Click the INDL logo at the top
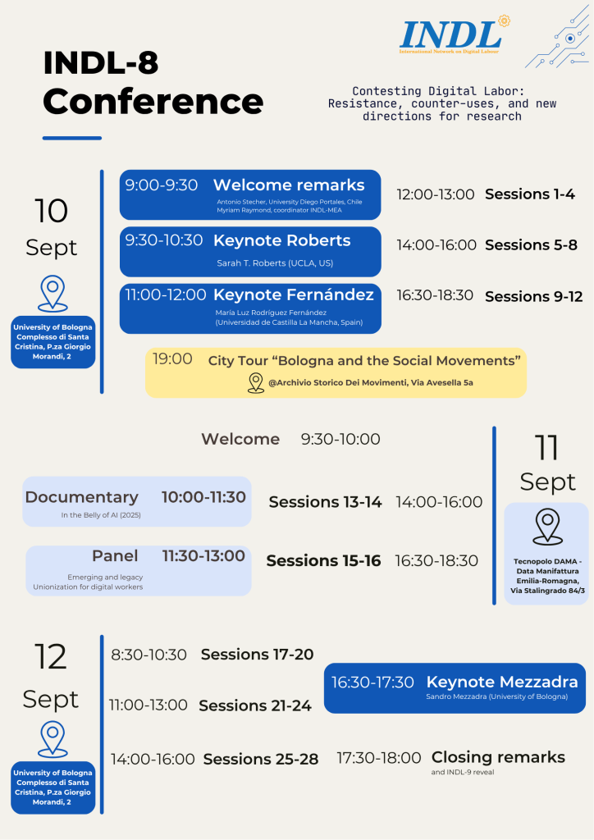click(450, 36)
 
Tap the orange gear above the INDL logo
click(504, 21)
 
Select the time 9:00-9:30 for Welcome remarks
click(162, 185)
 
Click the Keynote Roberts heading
click(281, 240)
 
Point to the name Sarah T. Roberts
click(275, 263)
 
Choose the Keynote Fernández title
click(294, 294)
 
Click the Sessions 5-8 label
click(531, 244)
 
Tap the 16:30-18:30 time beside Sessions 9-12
click(435, 295)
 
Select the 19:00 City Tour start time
click(172, 358)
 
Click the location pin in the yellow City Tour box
click(256, 382)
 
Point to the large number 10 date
click(52, 211)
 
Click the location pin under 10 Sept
click(53, 293)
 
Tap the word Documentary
click(81, 497)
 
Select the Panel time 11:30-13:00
click(203, 555)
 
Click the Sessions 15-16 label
click(323, 561)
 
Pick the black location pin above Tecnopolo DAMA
click(547, 527)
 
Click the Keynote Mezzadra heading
click(502, 682)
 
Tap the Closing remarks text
click(498, 757)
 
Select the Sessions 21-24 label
click(255, 705)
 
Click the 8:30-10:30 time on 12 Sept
click(148, 655)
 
